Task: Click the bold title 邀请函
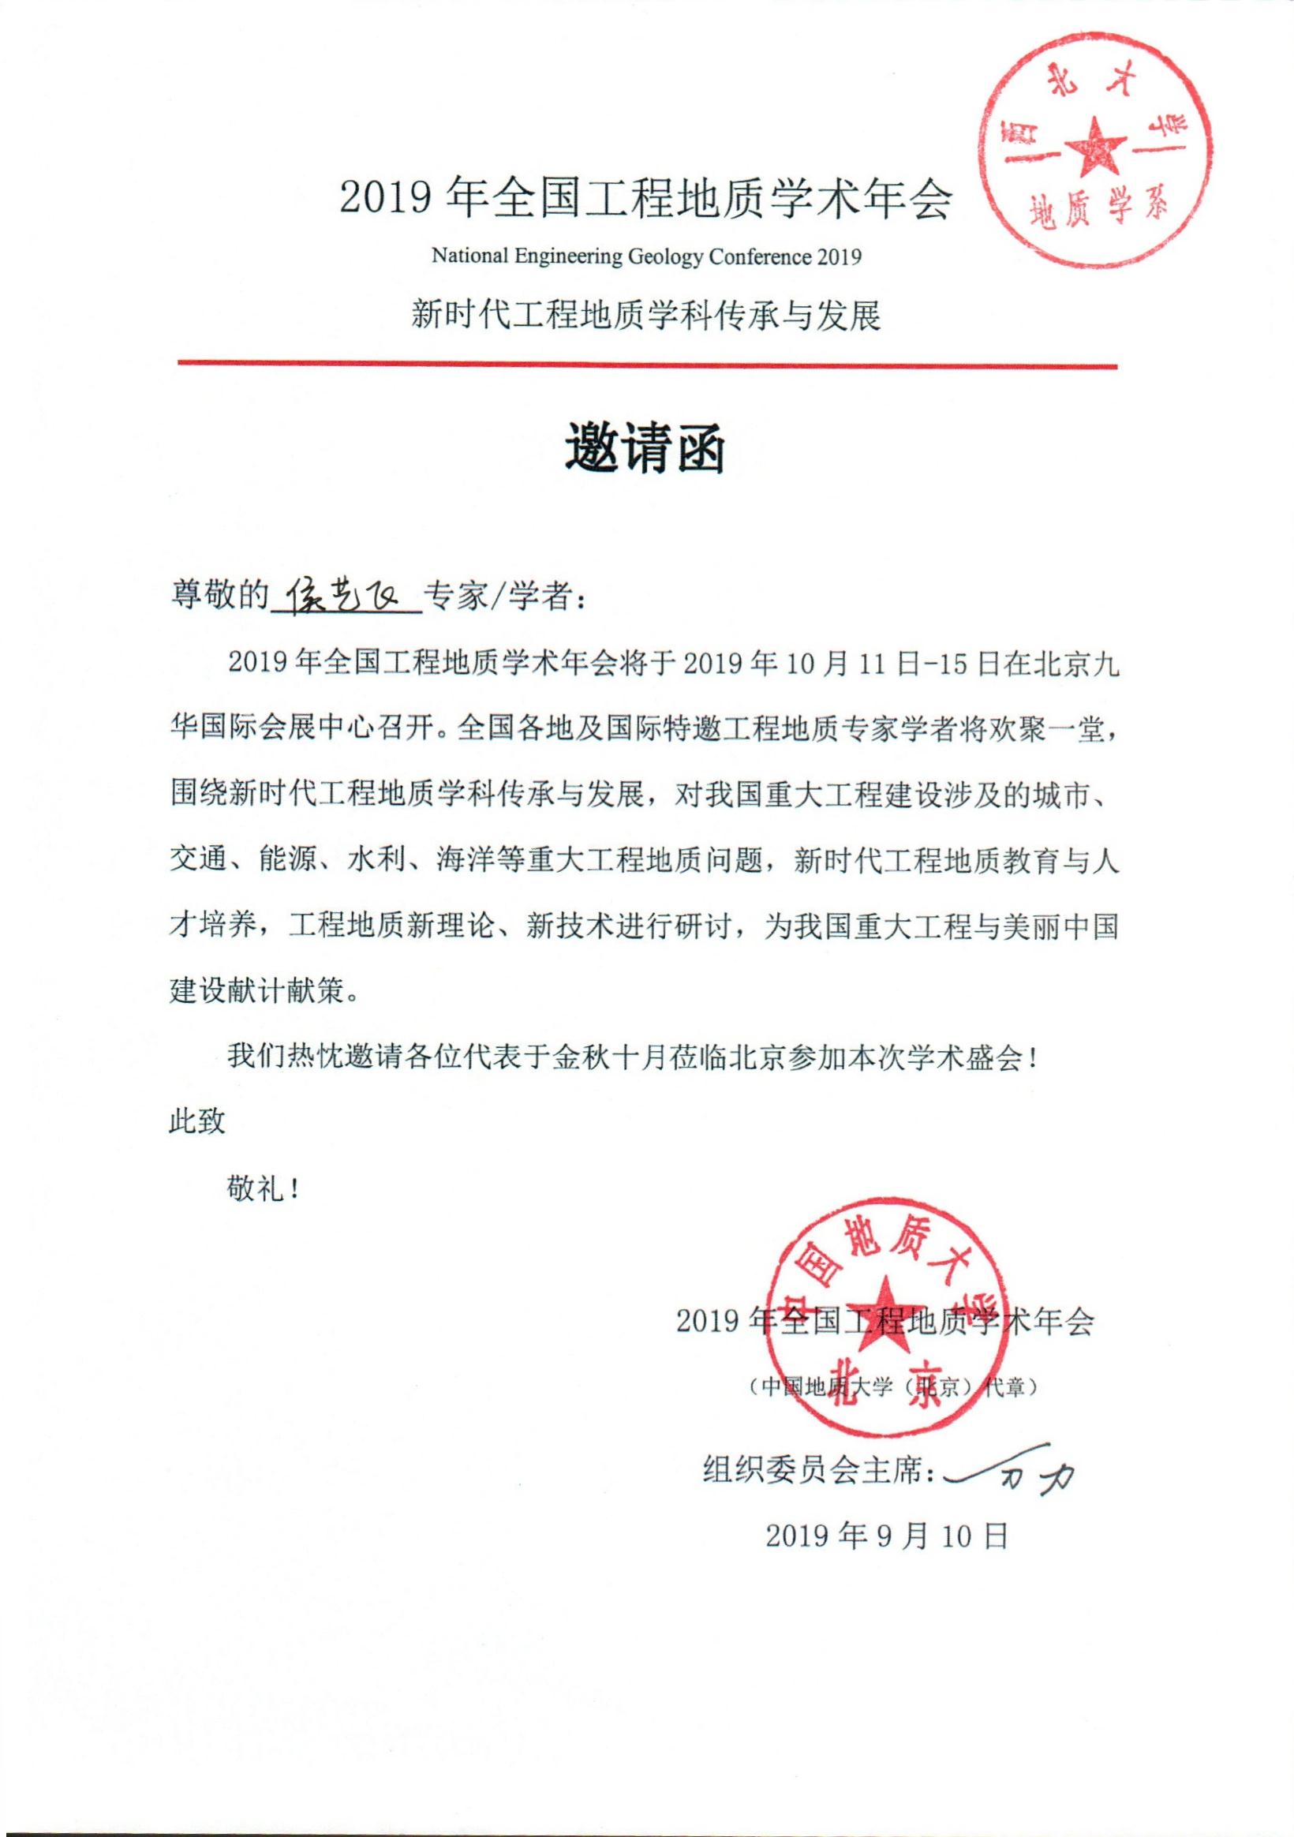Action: (645, 450)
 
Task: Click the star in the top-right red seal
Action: (1096, 148)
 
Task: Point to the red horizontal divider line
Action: (646, 365)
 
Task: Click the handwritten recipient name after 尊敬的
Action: (346, 595)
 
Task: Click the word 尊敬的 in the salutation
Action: (219, 596)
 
